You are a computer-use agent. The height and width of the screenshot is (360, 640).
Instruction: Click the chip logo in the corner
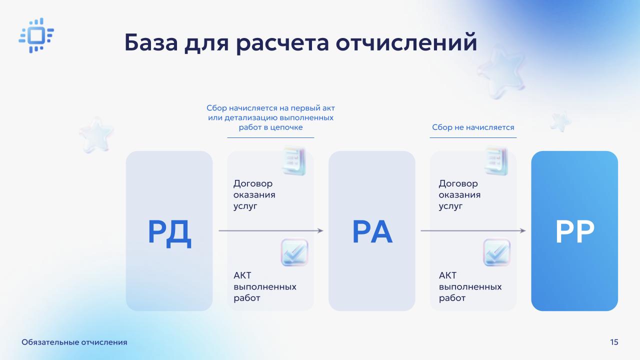[36, 35]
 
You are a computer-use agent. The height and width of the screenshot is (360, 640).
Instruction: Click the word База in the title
[151, 42]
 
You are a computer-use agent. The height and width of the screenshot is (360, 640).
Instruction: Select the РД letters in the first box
[169, 232]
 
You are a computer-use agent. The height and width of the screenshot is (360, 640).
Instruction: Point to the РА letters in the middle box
[372, 231]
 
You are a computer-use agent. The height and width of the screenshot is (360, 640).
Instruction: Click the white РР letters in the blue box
[574, 231]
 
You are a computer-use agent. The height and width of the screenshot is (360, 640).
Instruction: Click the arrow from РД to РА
[271, 230]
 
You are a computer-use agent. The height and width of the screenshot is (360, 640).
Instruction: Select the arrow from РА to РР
[473, 230]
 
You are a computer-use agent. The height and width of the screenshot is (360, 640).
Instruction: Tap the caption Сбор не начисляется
[473, 127]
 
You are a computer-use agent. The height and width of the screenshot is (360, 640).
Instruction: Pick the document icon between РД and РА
[294, 161]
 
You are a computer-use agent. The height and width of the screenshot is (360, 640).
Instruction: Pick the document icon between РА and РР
[496, 161]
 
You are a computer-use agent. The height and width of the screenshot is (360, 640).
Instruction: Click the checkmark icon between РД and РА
[294, 252]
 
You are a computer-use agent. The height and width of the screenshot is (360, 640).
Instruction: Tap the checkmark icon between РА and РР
[497, 252]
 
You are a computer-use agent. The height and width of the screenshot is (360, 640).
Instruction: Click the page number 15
[614, 342]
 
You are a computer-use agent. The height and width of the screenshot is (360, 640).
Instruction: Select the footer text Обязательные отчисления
[74, 342]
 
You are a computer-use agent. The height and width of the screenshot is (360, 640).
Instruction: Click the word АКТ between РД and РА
[242, 275]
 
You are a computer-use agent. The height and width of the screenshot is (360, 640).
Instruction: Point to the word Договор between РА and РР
[458, 183]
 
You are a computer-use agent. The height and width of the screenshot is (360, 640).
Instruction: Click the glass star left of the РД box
[96, 135]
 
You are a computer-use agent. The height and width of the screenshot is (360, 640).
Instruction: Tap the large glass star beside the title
[501, 72]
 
